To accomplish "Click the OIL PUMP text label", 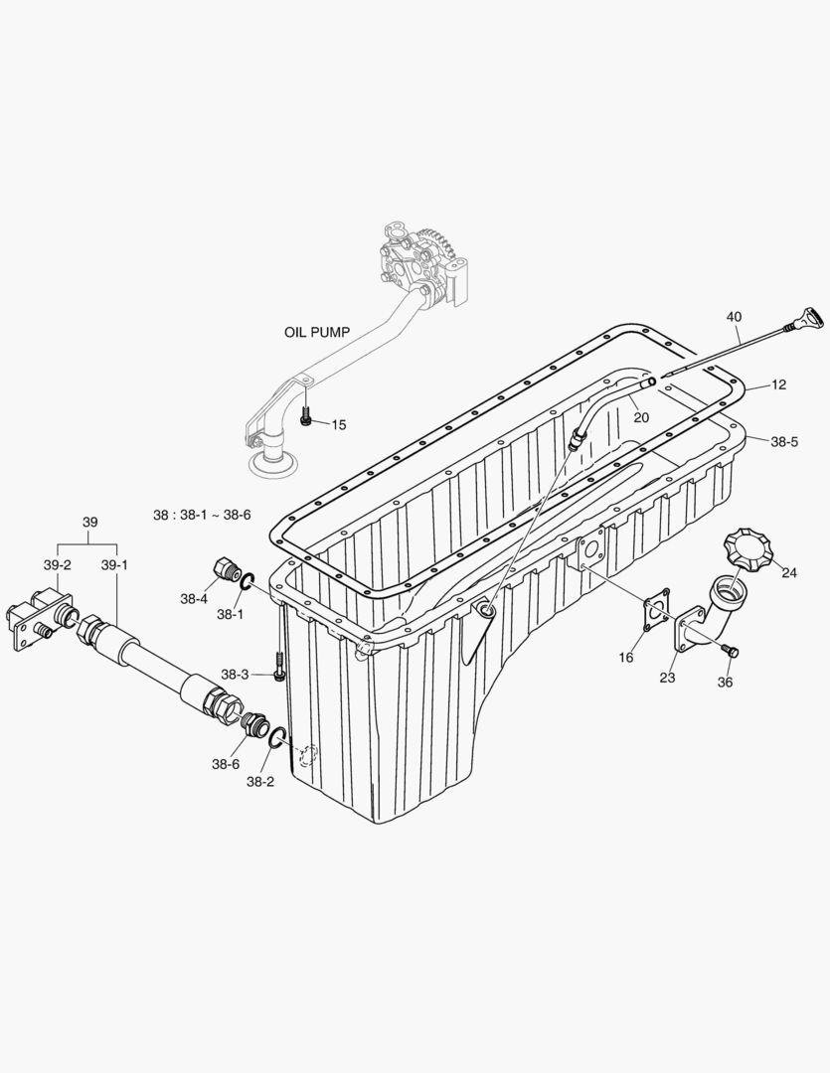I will click(x=316, y=333).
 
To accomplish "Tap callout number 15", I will click(x=339, y=425).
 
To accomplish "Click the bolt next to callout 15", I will click(x=306, y=420).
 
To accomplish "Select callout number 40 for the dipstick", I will click(x=734, y=317).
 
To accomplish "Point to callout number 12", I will click(x=778, y=384).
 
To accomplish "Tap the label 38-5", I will click(x=783, y=442).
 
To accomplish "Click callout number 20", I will click(x=641, y=418).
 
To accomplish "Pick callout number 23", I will click(x=667, y=678).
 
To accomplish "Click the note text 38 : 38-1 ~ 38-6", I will click(x=202, y=516).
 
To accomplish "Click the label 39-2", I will click(x=58, y=564).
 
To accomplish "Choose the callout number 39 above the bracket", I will click(x=89, y=523).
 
